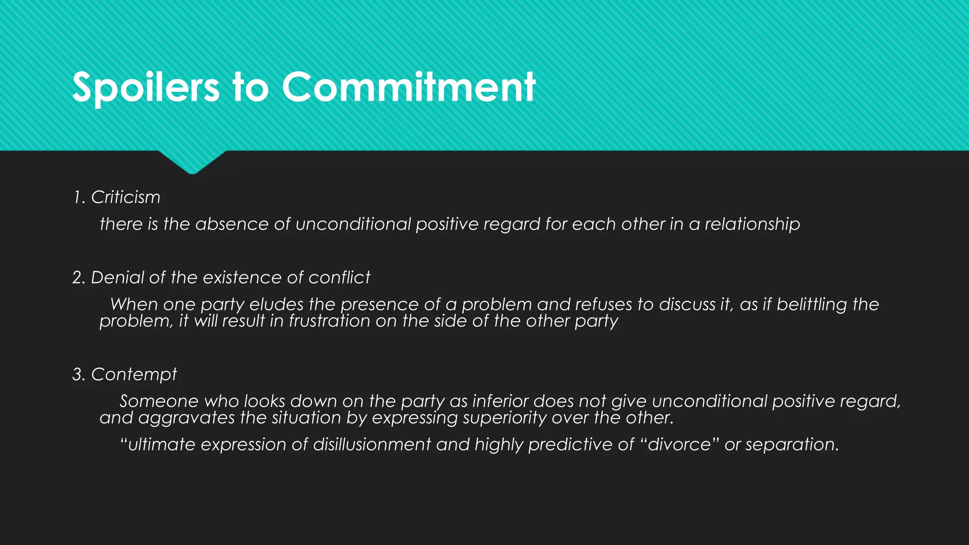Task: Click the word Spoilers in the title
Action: [146, 88]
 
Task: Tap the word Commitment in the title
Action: [409, 88]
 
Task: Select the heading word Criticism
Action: [125, 197]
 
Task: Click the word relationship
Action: [752, 224]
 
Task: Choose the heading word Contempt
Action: [134, 375]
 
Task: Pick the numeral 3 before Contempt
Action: [77, 375]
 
